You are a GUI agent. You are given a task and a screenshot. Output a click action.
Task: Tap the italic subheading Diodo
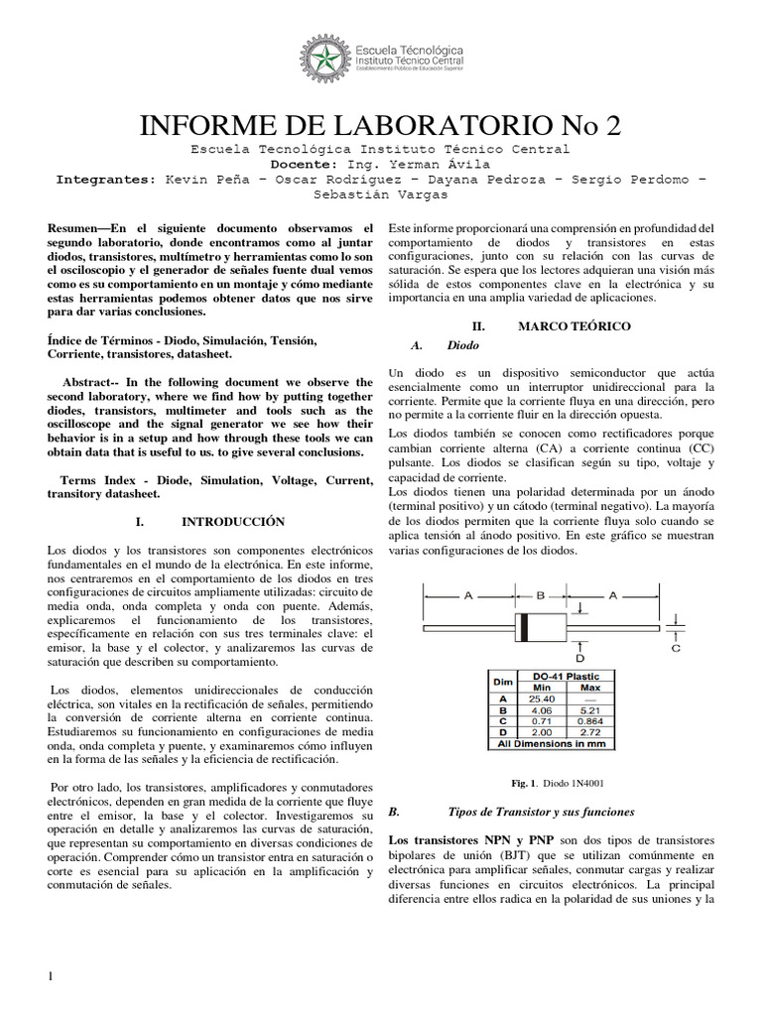(x=462, y=345)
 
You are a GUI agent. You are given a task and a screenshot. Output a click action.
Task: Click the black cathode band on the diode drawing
(x=522, y=628)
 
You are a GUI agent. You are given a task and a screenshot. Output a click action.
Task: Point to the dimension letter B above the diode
(x=541, y=595)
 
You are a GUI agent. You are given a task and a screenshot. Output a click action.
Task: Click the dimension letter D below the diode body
(x=579, y=658)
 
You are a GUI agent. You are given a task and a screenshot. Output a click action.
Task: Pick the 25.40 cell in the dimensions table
(x=542, y=698)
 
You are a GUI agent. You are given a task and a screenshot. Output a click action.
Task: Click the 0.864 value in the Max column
(x=589, y=720)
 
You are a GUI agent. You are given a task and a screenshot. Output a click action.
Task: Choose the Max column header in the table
(x=589, y=687)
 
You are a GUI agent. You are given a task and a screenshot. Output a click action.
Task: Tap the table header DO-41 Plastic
(x=566, y=676)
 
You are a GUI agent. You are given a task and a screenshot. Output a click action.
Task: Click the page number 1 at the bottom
(x=51, y=977)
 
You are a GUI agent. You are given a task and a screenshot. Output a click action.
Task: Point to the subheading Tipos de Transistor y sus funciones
(x=541, y=811)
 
